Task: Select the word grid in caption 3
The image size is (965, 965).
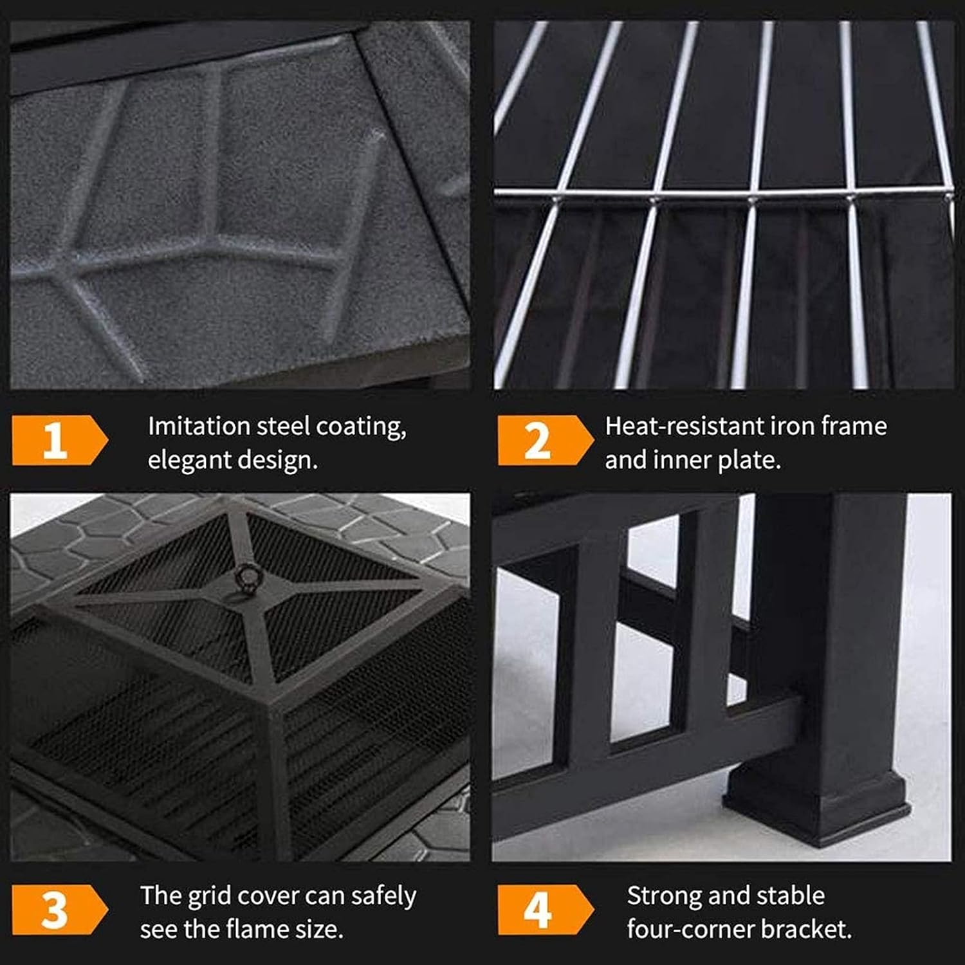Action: pyautogui.click(x=210, y=896)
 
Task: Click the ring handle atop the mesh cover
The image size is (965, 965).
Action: pyautogui.click(x=245, y=577)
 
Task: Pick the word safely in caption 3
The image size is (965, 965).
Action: pyautogui.click(x=383, y=896)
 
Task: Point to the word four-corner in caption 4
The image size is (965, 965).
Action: pyautogui.click(x=690, y=930)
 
